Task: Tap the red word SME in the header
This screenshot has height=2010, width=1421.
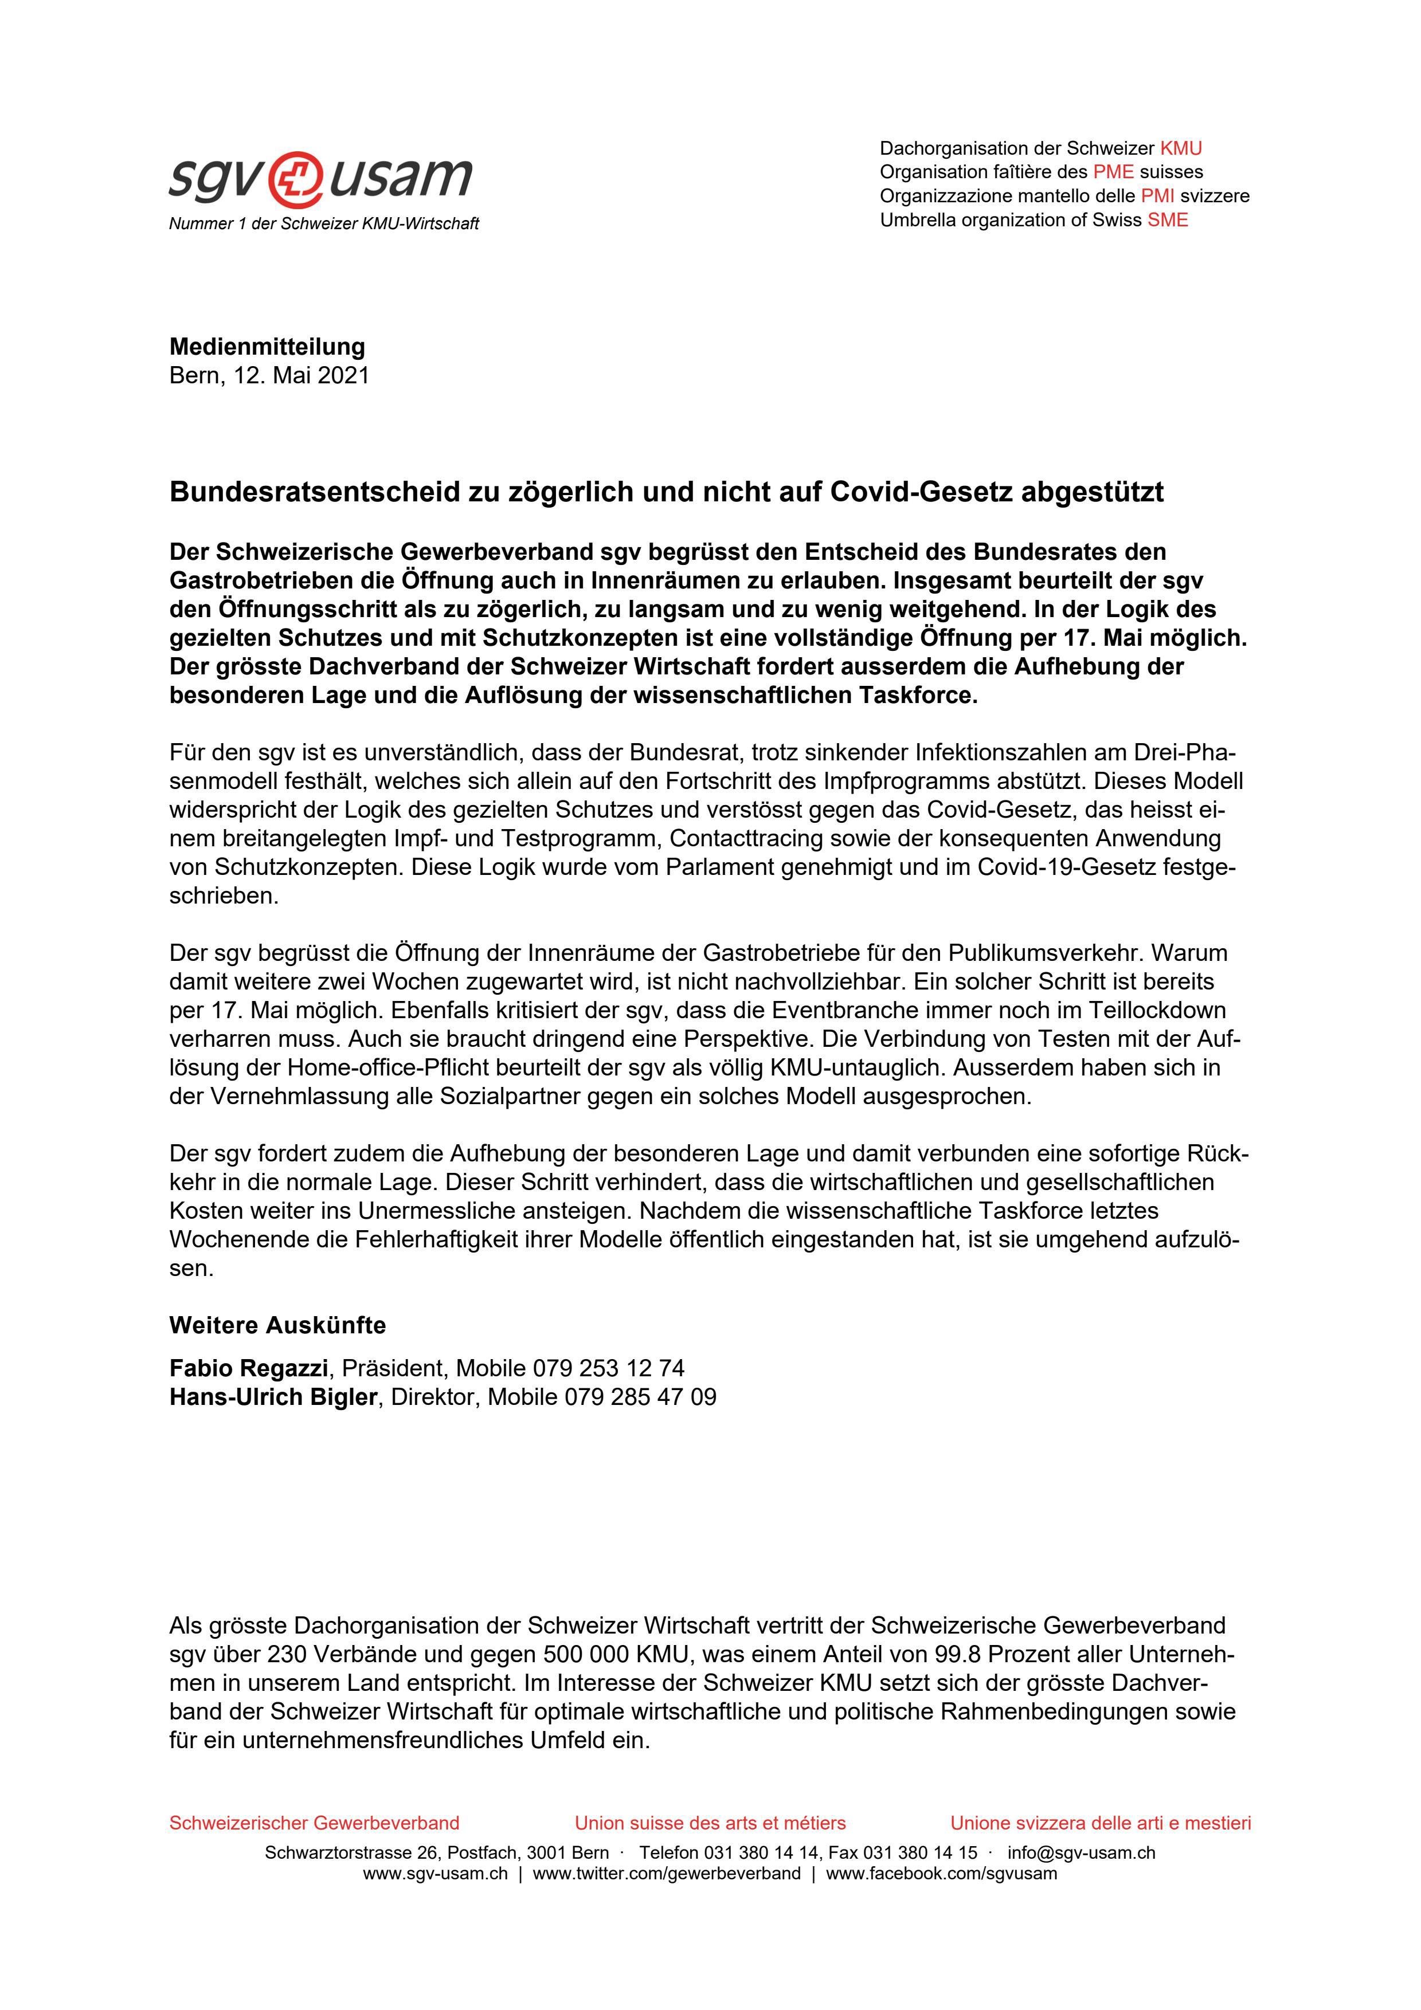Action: click(1168, 221)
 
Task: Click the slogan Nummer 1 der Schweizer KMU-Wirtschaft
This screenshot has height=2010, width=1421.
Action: click(324, 224)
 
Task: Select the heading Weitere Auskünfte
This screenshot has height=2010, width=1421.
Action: click(277, 1325)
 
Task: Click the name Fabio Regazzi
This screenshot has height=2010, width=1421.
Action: click(249, 1368)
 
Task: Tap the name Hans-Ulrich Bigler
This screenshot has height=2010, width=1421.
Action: click(273, 1397)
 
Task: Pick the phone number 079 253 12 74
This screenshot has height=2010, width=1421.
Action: click(609, 1368)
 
